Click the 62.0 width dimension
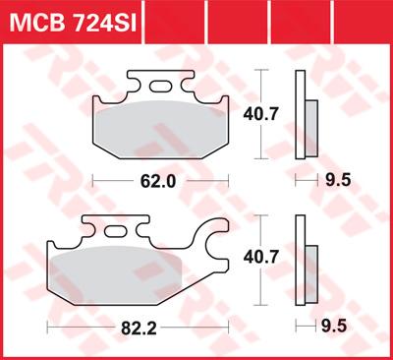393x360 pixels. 158,181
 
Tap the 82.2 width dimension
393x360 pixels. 139,328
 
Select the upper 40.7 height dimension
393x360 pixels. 260,114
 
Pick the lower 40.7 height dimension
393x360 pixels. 260,257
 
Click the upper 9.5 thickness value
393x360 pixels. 338,180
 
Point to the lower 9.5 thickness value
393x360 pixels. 334,327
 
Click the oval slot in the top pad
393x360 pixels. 160,87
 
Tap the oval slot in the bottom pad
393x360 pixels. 115,231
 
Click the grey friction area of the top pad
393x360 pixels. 160,129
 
